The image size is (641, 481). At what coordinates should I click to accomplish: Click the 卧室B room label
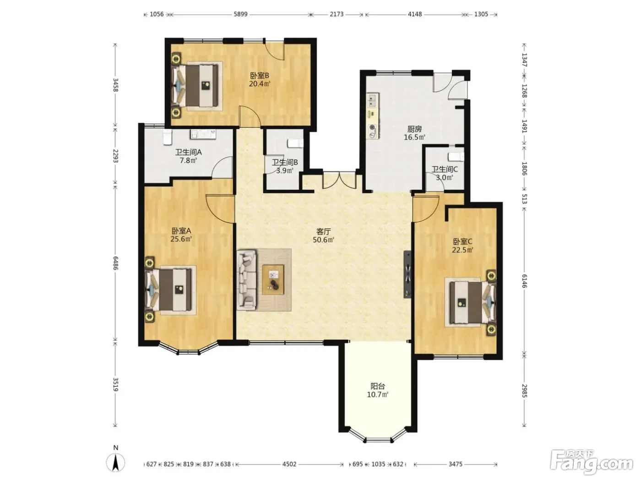tap(259, 76)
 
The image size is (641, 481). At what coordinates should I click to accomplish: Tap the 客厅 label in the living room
tap(324, 232)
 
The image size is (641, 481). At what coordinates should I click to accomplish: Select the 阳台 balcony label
tap(378, 386)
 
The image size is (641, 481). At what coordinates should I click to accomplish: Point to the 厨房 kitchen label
tap(414, 129)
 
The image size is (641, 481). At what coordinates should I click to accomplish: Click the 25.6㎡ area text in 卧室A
tap(181, 239)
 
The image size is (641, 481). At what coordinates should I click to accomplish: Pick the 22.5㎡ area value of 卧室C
tap(462, 250)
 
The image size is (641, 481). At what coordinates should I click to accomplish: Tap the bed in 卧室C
tap(471, 302)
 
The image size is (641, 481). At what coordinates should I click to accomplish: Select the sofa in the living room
tap(247, 279)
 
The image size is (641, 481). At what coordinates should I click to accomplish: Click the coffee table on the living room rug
tap(273, 279)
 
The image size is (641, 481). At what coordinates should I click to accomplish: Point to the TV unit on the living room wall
tap(407, 274)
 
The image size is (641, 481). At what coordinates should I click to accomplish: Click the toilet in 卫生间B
tap(295, 143)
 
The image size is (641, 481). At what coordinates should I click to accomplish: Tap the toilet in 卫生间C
tap(456, 157)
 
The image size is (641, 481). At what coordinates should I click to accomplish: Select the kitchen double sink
tap(373, 100)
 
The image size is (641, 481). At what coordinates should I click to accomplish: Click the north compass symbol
tap(116, 462)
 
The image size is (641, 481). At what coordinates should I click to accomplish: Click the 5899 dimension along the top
tap(241, 14)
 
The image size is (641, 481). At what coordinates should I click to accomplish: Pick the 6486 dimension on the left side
tap(116, 263)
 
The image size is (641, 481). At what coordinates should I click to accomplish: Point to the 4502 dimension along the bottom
tap(289, 464)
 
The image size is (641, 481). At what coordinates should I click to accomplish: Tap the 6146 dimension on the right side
tap(525, 281)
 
